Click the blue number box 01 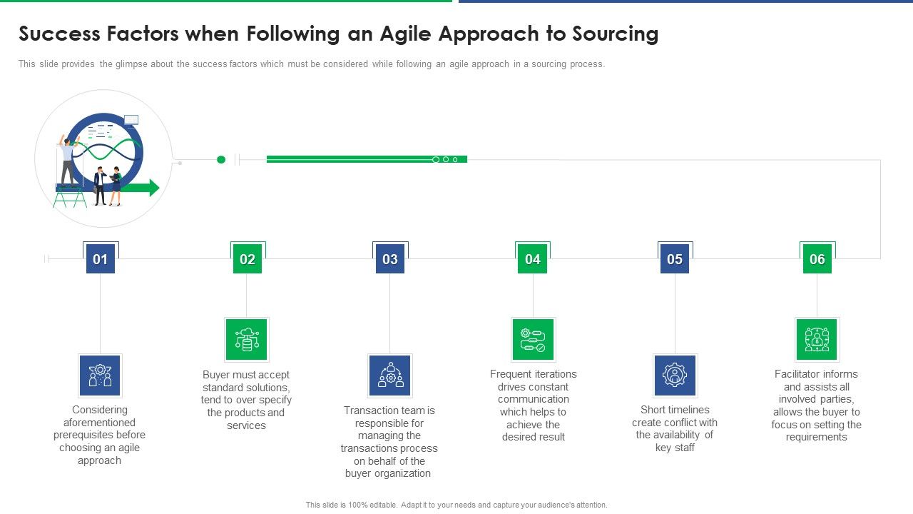tap(101, 259)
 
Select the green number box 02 tap(248, 259)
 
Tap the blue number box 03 tap(390, 259)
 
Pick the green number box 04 tap(533, 259)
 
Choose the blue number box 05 tap(675, 259)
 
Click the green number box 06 tap(817, 259)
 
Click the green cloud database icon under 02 tap(247, 340)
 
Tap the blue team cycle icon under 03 tap(390, 376)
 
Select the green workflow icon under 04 tap(533, 340)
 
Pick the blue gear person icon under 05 tap(675, 376)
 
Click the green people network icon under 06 tap(817, 340)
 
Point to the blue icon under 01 tap(100, 376)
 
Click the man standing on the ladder tap(68, 161)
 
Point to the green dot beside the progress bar tap(221, 160)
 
